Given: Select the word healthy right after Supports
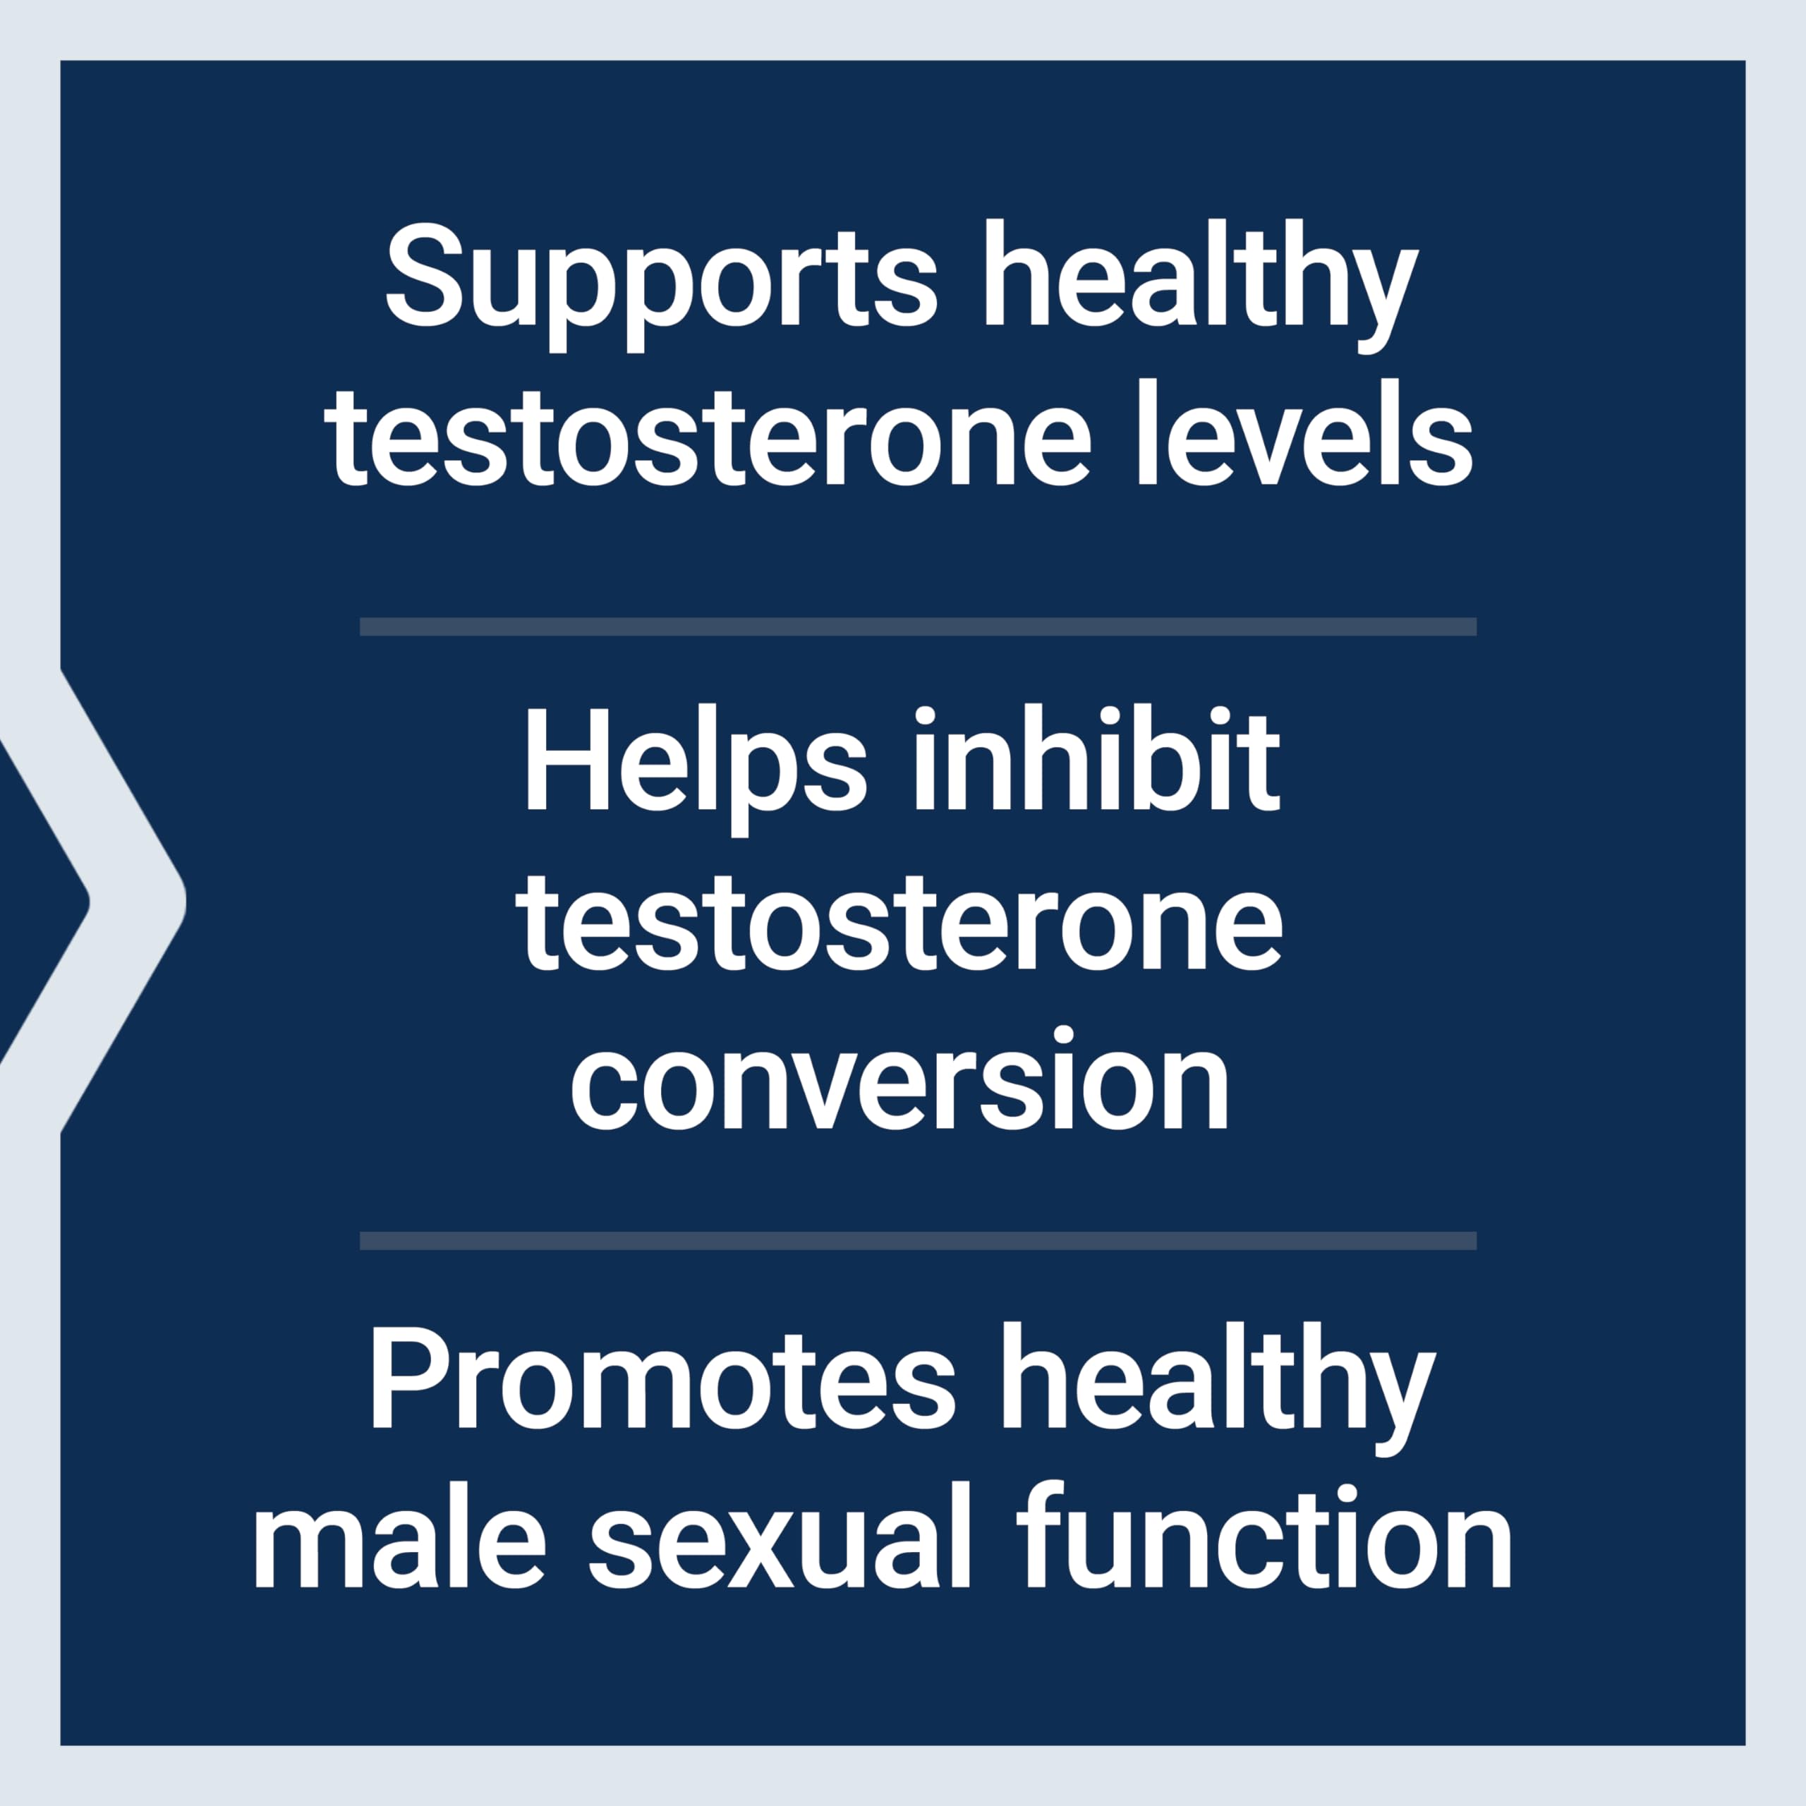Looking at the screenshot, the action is [x=1200, y=285].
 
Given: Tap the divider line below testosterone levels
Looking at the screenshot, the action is [x=918, y=626].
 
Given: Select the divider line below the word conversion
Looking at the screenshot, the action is [x=918, y=1240].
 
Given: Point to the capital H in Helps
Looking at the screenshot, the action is [x=564, y=759].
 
